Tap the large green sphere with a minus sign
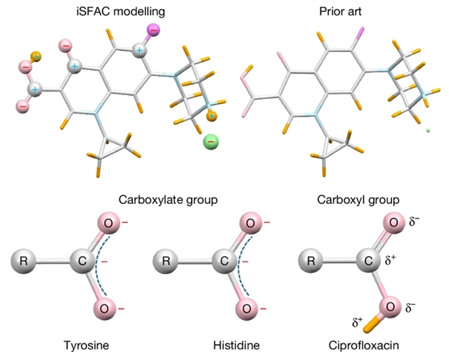click(x=211, y=141)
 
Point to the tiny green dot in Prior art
click(x=428, y=130)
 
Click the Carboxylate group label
click(x=167, y=200)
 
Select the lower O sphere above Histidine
click(x=247, y=308)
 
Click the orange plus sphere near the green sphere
click(x=212, y=115)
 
